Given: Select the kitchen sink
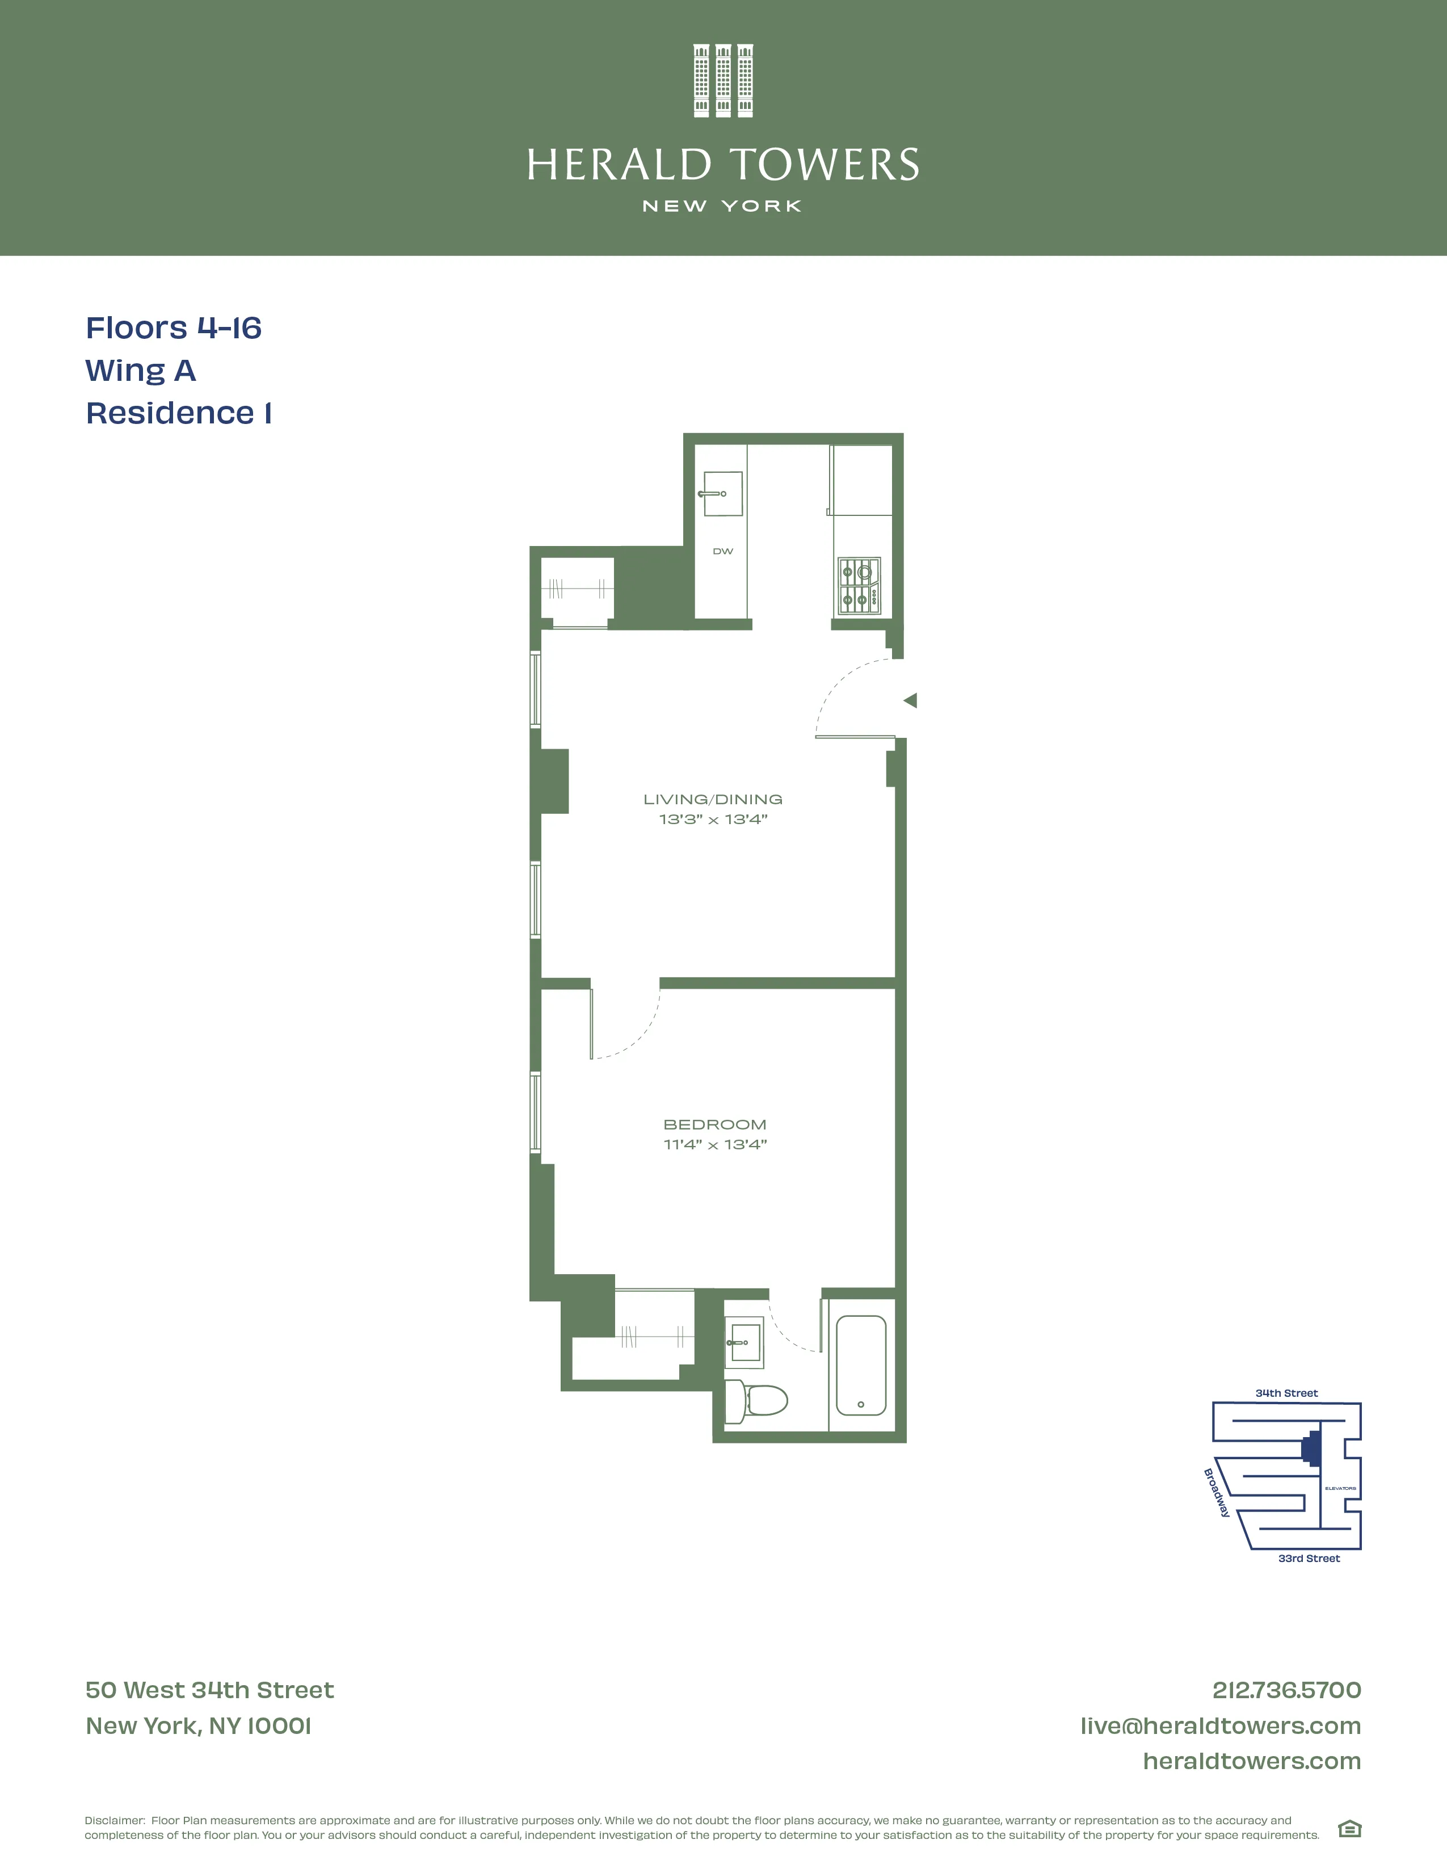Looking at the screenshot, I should click(x=722, y=494).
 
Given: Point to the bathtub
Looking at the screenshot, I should click(x=861, y=1365).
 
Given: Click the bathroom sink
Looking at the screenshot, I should click(x=743, y=1341).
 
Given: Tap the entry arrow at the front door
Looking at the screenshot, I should click(x=910, y=700).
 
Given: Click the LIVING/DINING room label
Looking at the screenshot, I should click(x=712, y=799).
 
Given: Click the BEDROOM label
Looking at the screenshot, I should click(x=715, y=1124).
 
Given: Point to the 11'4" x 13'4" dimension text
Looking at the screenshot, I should click(x=715, y=1145).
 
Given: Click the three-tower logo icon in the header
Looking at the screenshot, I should click(x=722, y=81).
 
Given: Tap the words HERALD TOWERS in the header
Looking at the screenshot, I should click(x=722, y=165).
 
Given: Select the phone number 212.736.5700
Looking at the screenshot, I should click(x=1286, y=1690).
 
